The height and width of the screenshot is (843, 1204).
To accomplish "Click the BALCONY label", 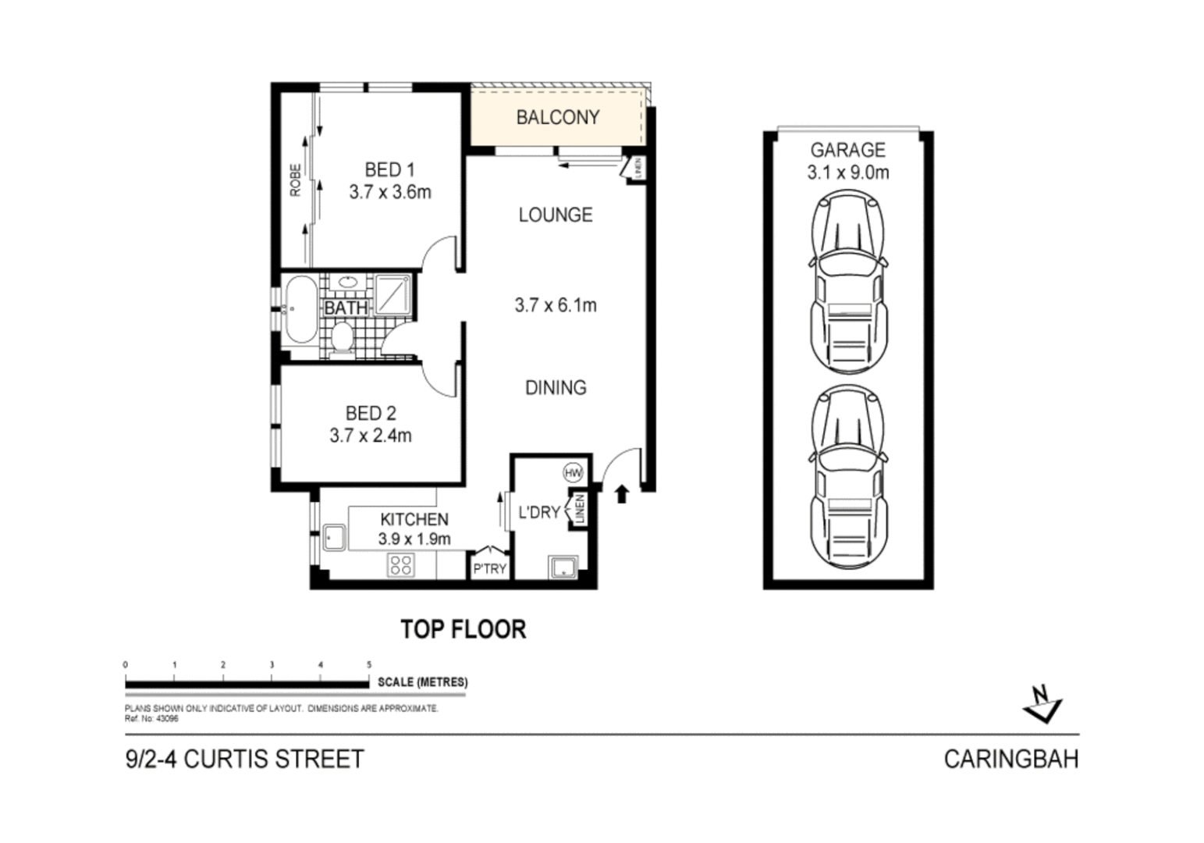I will [x=557, y=117].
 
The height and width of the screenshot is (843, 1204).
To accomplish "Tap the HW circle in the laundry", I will [x=573, y=472].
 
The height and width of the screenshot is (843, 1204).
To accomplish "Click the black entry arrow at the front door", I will [x=622, y=493].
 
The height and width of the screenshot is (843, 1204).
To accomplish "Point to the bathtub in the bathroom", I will [x=300, y=311].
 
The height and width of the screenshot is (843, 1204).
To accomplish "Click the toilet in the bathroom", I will [x=341, y=339].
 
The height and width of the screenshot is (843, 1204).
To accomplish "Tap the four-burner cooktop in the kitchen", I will [x=400, y=565].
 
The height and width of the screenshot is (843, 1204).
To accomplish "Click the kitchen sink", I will [x=334, y=537].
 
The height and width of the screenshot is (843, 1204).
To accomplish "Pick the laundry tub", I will [x=563, y=567].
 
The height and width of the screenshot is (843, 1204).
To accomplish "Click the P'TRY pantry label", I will [x=489, y=569].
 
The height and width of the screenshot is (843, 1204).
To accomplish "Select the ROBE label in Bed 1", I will [x=295, y=180].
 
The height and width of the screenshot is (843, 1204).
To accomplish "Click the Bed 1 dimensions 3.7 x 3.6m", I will [x=389, y=192].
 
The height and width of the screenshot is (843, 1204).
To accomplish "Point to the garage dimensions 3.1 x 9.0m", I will [x=847, y=173].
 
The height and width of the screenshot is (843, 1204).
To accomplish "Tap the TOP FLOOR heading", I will [x=463, y=629].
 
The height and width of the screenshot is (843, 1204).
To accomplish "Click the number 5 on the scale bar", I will [x=369, y=665].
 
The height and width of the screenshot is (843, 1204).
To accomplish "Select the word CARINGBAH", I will [x=1010, y=759].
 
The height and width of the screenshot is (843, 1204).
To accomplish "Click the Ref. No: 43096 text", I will [x=151, y=719].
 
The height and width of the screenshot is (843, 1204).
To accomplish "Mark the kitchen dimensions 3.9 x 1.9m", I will [x=414, y=539].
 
